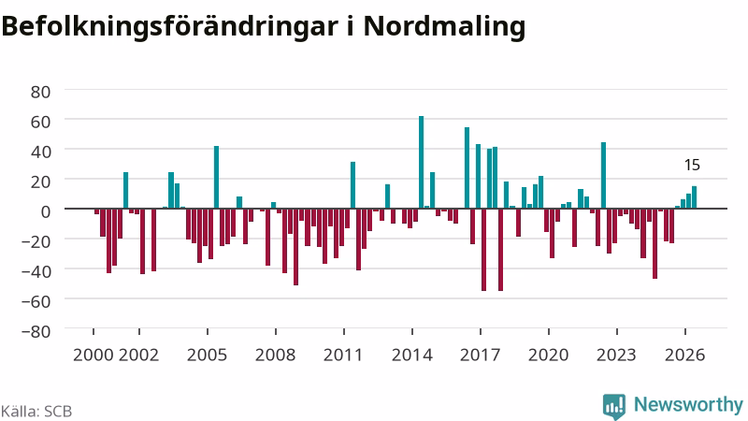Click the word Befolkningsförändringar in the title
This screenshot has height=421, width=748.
(170, 27)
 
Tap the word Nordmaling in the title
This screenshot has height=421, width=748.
(445, 27)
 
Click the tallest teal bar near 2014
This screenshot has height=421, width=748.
(422, 162)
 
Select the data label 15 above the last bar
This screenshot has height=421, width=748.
(692, 165)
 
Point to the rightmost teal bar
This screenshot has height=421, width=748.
(694, 197)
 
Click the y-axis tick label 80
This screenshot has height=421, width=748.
(40, 92)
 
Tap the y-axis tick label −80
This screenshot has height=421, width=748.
(36, 331)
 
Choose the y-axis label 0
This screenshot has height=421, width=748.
(45, 211)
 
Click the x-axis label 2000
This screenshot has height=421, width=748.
(93, 355)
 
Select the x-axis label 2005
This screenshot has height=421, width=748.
(207, 355)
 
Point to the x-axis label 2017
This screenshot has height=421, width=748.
(481, 355)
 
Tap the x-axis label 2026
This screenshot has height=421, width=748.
(685, 355)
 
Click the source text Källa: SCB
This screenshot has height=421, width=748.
(36, 411)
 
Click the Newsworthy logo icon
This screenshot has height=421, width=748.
(614, 407)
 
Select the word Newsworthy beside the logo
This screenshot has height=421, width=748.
(688, 404)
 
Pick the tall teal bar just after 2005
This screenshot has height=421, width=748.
(216, 177)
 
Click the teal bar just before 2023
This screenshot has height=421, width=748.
(603, 175)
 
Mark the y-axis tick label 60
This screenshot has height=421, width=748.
(40, 122)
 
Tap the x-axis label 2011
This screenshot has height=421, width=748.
(343, 355)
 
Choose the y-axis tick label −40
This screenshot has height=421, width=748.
(36, 271)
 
